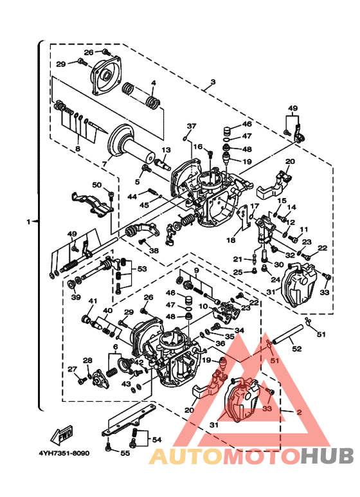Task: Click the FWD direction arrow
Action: (x=64, y=437)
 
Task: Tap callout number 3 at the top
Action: (x=212, y=84)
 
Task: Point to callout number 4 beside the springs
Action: (x=153, y=83)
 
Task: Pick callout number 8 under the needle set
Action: (x=77, y=149)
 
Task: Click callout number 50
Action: (x=97, y=185)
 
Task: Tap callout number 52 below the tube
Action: (x=296, y=349)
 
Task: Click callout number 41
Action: (x=93, y=300)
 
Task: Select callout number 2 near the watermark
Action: (x=298, y=411)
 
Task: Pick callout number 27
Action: (x=72, y=369)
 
